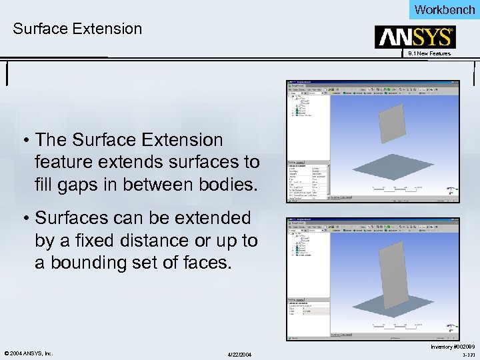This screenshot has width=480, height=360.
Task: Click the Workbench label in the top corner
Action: click(x=445, y=9)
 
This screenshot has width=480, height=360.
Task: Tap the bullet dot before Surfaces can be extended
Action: click(x=25, y=219)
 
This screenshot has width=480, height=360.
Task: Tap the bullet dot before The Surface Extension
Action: click(x=25, y=141)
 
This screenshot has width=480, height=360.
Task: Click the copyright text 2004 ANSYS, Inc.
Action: click(x=28, y=353)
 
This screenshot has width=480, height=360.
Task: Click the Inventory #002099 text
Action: click(x=453, y=347)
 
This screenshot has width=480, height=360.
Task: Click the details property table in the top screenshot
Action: click(x=308, y=180)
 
